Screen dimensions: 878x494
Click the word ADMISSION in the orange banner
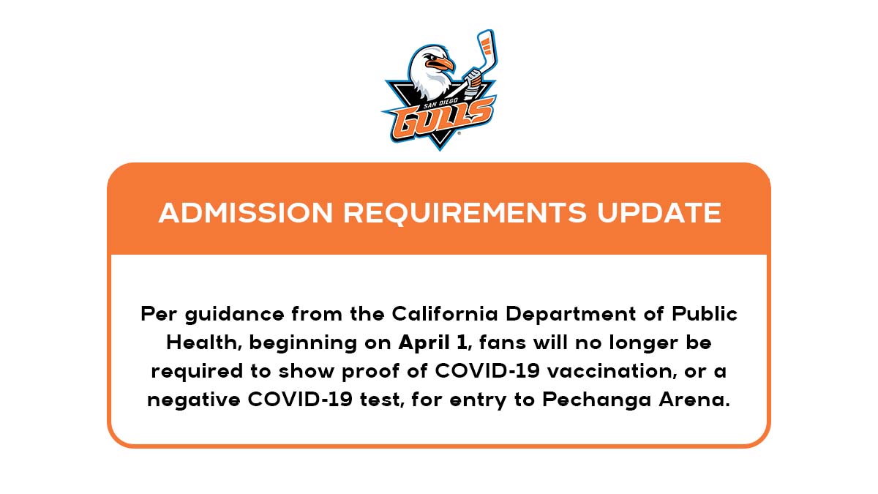click(x=246, y=213)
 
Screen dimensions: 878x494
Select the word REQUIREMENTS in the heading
click(x=465, y=213)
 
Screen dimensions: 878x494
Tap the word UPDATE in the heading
click(x=659, y=213)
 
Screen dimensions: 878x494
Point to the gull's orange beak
click(x=443, y=64)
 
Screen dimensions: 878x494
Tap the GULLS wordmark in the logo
click(x=442, y=120)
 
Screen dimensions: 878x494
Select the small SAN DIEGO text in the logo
click(x=440, y=103)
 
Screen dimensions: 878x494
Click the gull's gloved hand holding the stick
click(x=473, y=78)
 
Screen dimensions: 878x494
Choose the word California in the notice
click(x=445, y=314)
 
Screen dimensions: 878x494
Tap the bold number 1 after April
click(x=462, y=343)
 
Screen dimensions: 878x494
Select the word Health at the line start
click(x=201, y=343)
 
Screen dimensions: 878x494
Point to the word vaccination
click(x=611, y=371)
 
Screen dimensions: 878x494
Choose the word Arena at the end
click(x=694, y=400)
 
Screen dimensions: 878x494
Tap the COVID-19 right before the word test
click(x=300, y=400)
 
